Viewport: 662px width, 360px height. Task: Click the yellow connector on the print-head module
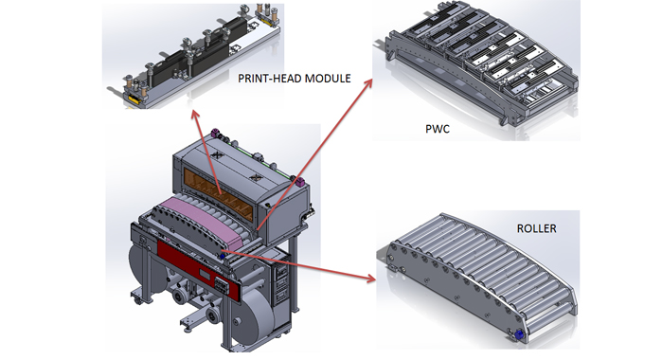[132, 97]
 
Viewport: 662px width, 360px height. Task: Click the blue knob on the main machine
[222, 255]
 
